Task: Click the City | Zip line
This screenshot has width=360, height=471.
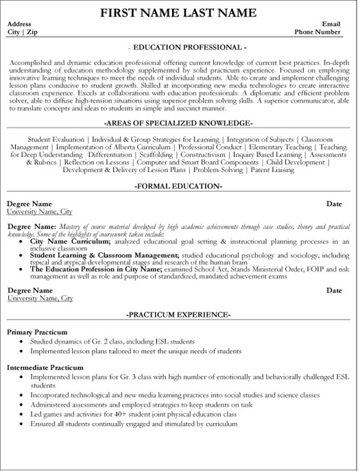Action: coord(22,32)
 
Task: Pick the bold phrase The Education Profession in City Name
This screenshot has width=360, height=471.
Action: coord(95,270)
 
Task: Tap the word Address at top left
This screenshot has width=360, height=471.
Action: coord(20,23)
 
